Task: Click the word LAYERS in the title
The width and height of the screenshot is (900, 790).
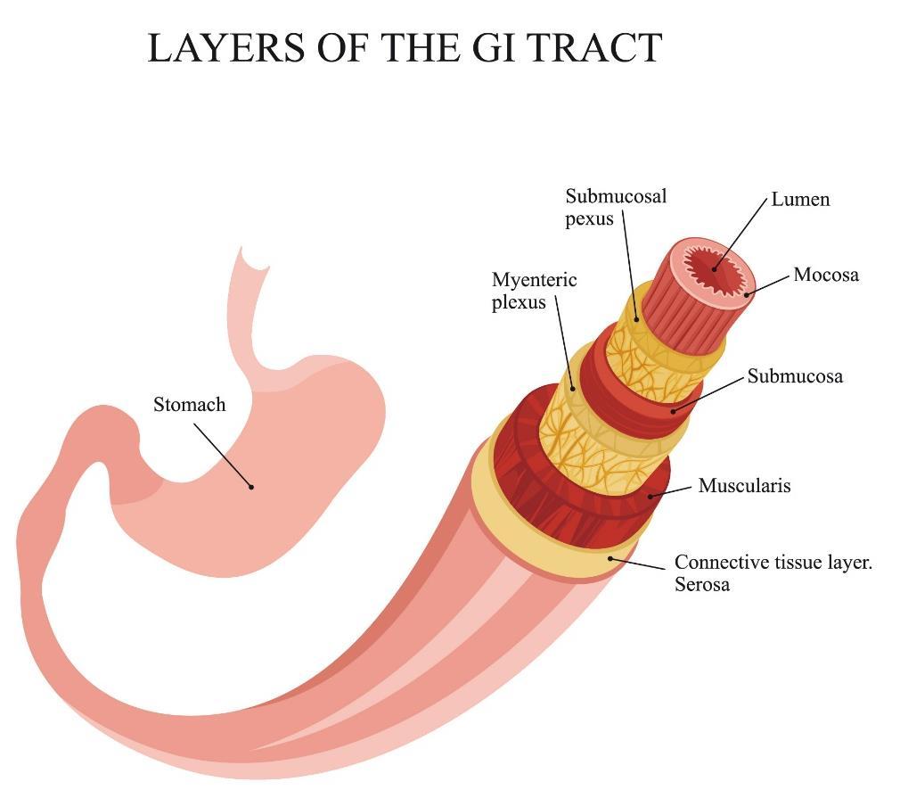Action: [x=226, y=47]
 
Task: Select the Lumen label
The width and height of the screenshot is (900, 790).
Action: [x=800, y=200]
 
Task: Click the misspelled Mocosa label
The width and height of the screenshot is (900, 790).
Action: [x=826, y=275]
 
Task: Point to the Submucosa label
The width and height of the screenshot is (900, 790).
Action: [x=795, y=376]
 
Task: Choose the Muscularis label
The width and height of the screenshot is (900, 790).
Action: [x=744, y=485]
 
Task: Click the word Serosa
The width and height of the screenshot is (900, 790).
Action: [x=702, y=584]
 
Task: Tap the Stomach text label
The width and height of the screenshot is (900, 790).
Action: [x=190, y=405]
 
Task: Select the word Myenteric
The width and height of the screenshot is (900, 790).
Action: [x=535, y=280]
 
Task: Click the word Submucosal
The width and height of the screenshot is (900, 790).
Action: [x=616, y=196]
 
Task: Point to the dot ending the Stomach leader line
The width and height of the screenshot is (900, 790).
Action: [x=250, y=487]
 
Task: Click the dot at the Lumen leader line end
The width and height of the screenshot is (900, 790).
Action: [x=715, y=268]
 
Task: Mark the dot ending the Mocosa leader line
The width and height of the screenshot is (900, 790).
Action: [x=747, y=295]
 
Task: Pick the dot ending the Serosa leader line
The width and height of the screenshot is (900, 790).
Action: [x=610, y=558]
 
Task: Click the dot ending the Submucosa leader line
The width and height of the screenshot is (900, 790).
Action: [x=674, y=411]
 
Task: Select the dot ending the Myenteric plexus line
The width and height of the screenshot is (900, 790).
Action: [x=573, y=389]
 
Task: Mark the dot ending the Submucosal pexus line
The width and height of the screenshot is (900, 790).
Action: [x=636, y=319]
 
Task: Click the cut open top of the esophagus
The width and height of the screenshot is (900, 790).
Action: [x=255, y=259]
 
